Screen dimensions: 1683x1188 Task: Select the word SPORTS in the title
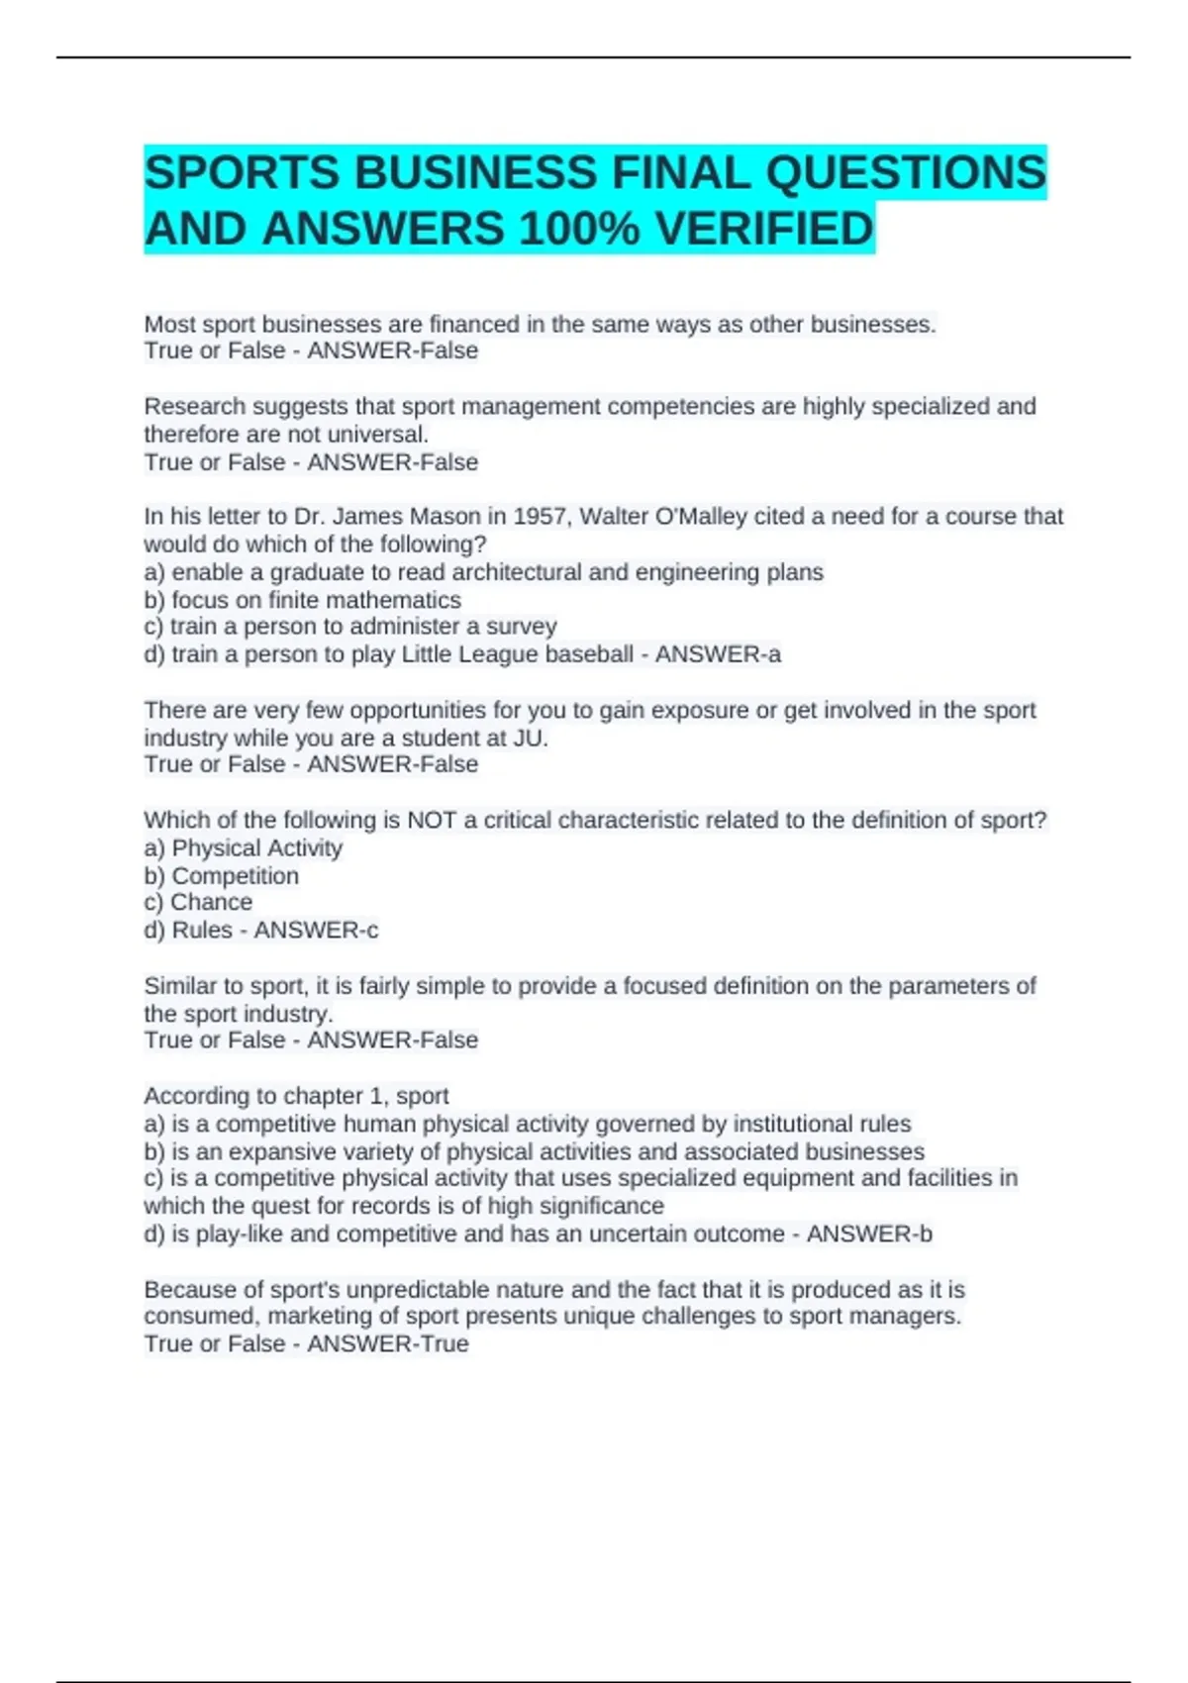tap(242, 173)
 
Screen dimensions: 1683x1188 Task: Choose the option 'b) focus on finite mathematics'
tap(302, 600)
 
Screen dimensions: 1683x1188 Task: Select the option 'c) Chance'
tap(198, 902)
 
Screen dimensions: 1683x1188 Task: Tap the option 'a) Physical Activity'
tap(243, 848)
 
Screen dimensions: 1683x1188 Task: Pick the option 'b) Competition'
tap(221, 876)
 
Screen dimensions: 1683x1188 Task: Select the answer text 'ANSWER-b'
tap(869, 1235)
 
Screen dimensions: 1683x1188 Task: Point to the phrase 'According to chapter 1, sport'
tap(296, 1096)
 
